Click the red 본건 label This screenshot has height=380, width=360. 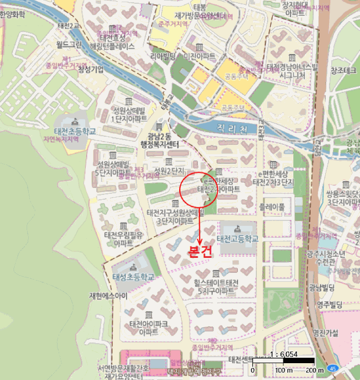pyautogui.click(x=199, y=252)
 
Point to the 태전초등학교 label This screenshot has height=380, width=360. pyautogui.click(x=74, y=131)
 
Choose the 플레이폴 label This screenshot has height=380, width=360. pyautogui.click(x=271, y=207)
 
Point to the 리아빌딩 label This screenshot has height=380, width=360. pyautogui.click(x=164, y=56)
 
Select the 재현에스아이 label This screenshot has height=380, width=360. pyautogui.click(x=108, y=296)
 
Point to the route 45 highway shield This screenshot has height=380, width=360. pyautogui.click(x=332, y=368)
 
